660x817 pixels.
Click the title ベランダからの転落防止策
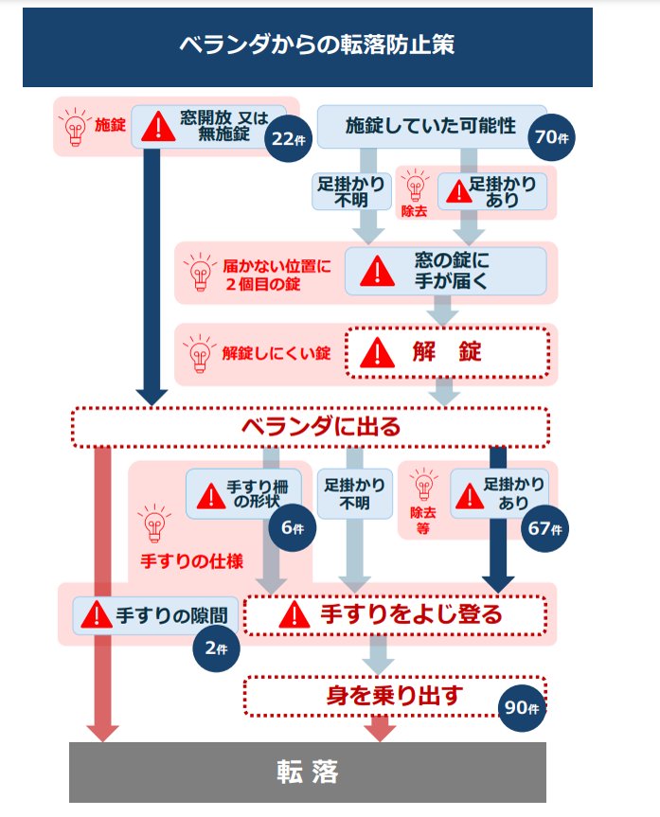point(308,44)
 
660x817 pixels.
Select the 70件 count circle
point(551,137)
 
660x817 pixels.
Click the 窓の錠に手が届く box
point(445,271)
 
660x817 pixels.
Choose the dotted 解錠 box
point(445,353)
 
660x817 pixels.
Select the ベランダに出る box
point(311,427)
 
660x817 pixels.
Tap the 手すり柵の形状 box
point(244,493)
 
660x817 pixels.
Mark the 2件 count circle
point(215,648)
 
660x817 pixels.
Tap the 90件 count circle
point(523,708)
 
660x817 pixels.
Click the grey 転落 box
point(308,773)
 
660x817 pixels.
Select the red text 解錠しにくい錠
point(276,354)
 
